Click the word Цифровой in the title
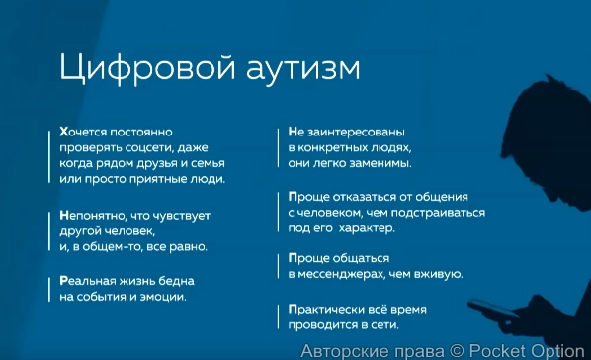click(x=127, y=68)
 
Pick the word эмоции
click(x=161, y=296)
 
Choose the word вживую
click(x=438, y=275)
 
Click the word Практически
click(x=328, y=308)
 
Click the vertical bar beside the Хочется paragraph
click(x=47, y=155)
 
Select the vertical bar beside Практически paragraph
click(x=277, y=315)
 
